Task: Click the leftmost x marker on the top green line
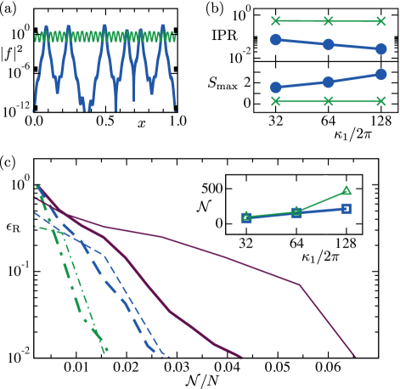275,21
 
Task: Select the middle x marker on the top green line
328,21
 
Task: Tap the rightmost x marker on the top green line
380,21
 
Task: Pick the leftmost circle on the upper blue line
275,40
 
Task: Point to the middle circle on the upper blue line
328,44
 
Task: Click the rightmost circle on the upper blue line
380,49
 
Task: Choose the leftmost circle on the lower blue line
275,87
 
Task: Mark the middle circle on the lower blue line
328,82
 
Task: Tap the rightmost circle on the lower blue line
380,75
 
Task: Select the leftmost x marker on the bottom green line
275,101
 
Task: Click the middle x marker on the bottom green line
328,101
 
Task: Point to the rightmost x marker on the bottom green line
380,101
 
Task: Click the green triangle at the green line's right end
346,190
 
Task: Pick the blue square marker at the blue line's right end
346,208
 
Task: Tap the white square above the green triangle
325,178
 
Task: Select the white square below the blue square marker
325,230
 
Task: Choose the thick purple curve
170,312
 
